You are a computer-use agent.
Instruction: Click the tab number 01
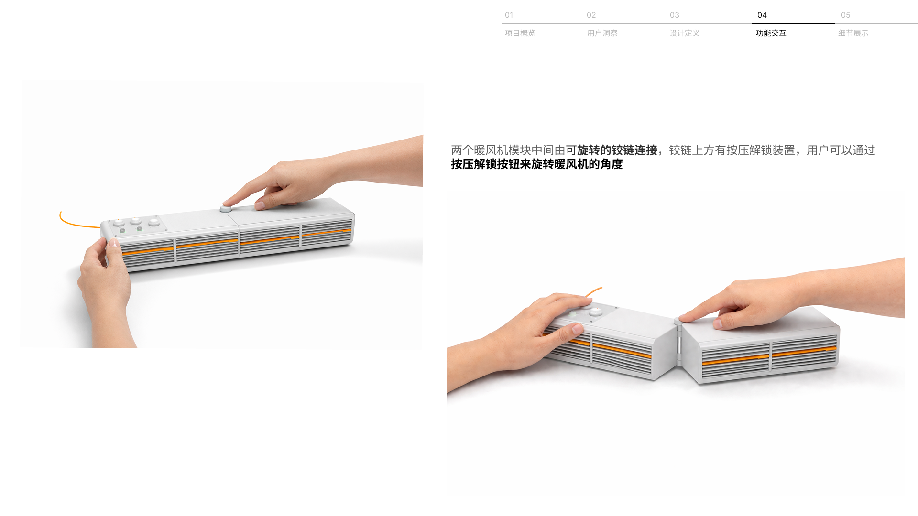click(509, 15)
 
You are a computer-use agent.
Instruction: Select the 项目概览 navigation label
click(520, 33)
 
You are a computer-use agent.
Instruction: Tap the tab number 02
click(591, 15)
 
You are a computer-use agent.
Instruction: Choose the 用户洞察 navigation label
click(602, 33)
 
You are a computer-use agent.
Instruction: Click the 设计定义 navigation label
click(685, 33)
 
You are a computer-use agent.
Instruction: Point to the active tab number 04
click(762, 15)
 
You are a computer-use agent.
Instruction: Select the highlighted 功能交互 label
click(771, 33)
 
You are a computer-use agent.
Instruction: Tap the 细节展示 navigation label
click(853, 33)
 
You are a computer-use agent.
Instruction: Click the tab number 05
click(845, 15)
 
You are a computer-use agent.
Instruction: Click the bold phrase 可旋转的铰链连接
click(612, 150)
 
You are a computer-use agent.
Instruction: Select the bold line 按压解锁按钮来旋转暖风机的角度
click(537, 164)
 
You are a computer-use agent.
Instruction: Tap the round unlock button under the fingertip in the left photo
click(225, 209)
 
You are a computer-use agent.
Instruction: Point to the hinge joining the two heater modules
click(678, 339)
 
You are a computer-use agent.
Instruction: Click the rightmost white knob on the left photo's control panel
click(154, 222)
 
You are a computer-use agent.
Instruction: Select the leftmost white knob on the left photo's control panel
click(119, 222)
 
